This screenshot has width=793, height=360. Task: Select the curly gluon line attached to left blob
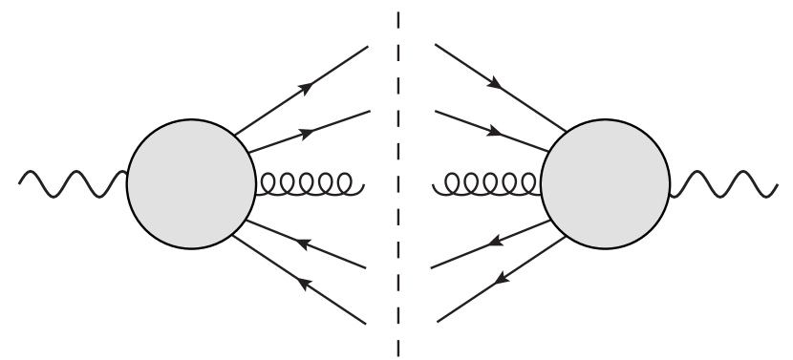[x=307, y=182]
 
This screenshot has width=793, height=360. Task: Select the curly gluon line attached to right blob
[x=487, y=182]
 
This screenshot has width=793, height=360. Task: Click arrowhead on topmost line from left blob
[x=306, y=87]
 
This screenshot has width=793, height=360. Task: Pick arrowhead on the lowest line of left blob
[x=304, y=283]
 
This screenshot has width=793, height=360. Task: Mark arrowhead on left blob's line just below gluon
[x=303, y=244]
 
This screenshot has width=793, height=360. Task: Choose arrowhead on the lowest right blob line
[x=499, y=278]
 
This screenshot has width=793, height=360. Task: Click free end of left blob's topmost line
[x=368, y=46]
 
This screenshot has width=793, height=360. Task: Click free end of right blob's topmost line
[x=435, y=44]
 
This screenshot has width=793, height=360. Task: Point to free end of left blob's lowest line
[x=367, y=325]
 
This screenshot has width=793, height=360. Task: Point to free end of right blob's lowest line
[x=438, y=319]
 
